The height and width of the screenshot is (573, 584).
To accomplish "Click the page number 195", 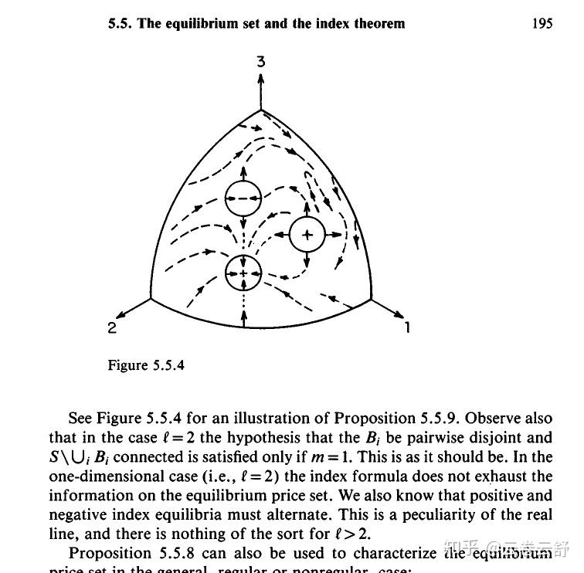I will point(542,23).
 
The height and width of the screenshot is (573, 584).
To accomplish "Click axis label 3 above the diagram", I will point(261,60).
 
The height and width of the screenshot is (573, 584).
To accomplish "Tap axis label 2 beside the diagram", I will point(112,328).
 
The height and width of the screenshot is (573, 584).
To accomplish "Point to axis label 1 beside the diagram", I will point(408,328).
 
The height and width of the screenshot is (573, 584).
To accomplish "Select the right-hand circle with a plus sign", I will point(307,234).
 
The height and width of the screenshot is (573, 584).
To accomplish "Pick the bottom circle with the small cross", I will point(244,273).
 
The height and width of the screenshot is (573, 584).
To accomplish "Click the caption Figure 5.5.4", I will point(146,365).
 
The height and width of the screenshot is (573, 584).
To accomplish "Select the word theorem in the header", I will point(378,23).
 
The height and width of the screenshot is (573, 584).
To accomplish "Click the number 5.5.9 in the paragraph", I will point(433,419).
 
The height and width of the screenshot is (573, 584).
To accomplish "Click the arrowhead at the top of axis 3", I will point(261,76).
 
